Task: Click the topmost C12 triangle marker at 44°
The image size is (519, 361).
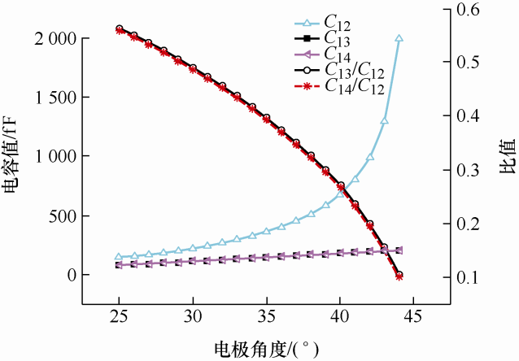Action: click(x=399, y=38)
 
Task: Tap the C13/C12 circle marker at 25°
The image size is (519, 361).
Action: click(x=120, y=28)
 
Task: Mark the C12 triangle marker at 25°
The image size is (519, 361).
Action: click(x=120, y=257)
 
